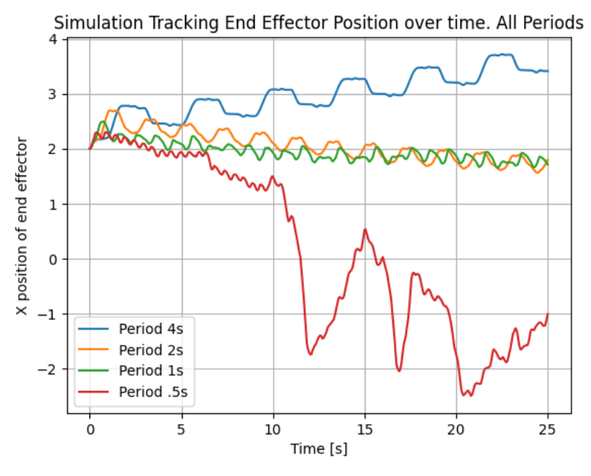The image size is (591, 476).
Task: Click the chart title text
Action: (319, 23)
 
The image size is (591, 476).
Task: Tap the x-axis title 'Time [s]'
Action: (319, 449)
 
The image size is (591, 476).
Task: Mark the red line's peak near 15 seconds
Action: (365, 229)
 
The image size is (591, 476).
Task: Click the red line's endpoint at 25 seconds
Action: (548, 313)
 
